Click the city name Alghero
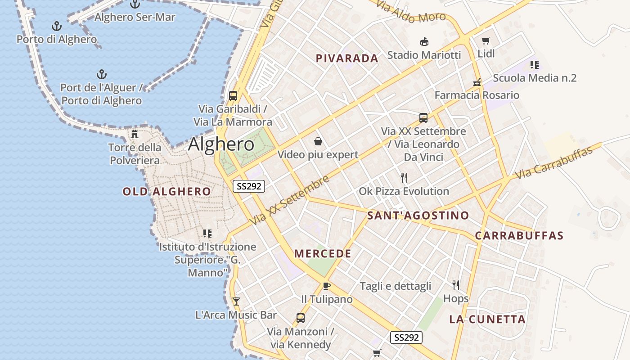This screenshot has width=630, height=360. pos(221,144)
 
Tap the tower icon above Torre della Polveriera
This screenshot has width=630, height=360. pos(134,134)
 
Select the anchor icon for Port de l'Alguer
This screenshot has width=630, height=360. pos(102,74)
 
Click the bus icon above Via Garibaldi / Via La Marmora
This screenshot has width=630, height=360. pos(233,95)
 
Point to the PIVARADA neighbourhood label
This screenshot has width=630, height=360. pos(347,58)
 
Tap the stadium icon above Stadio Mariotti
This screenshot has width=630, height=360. pos(424,42)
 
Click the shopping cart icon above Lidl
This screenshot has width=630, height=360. pos(486,41)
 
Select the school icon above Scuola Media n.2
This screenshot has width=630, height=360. pos(535,65)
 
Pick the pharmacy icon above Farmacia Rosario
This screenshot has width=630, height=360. pos(477,82)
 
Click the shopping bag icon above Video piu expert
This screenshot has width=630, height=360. pos(318,142)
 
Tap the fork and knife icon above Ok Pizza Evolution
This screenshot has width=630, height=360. pos(404,178)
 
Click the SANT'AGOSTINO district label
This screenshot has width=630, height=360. pos(418,216)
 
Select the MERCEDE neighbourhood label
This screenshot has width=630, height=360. pos(323,254)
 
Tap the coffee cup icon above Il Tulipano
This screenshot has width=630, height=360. pos(327,286)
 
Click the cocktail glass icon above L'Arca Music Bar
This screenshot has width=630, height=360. pos(236,301)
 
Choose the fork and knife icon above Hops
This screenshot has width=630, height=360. pos(456,285)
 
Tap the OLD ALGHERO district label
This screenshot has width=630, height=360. pos(166,192)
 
